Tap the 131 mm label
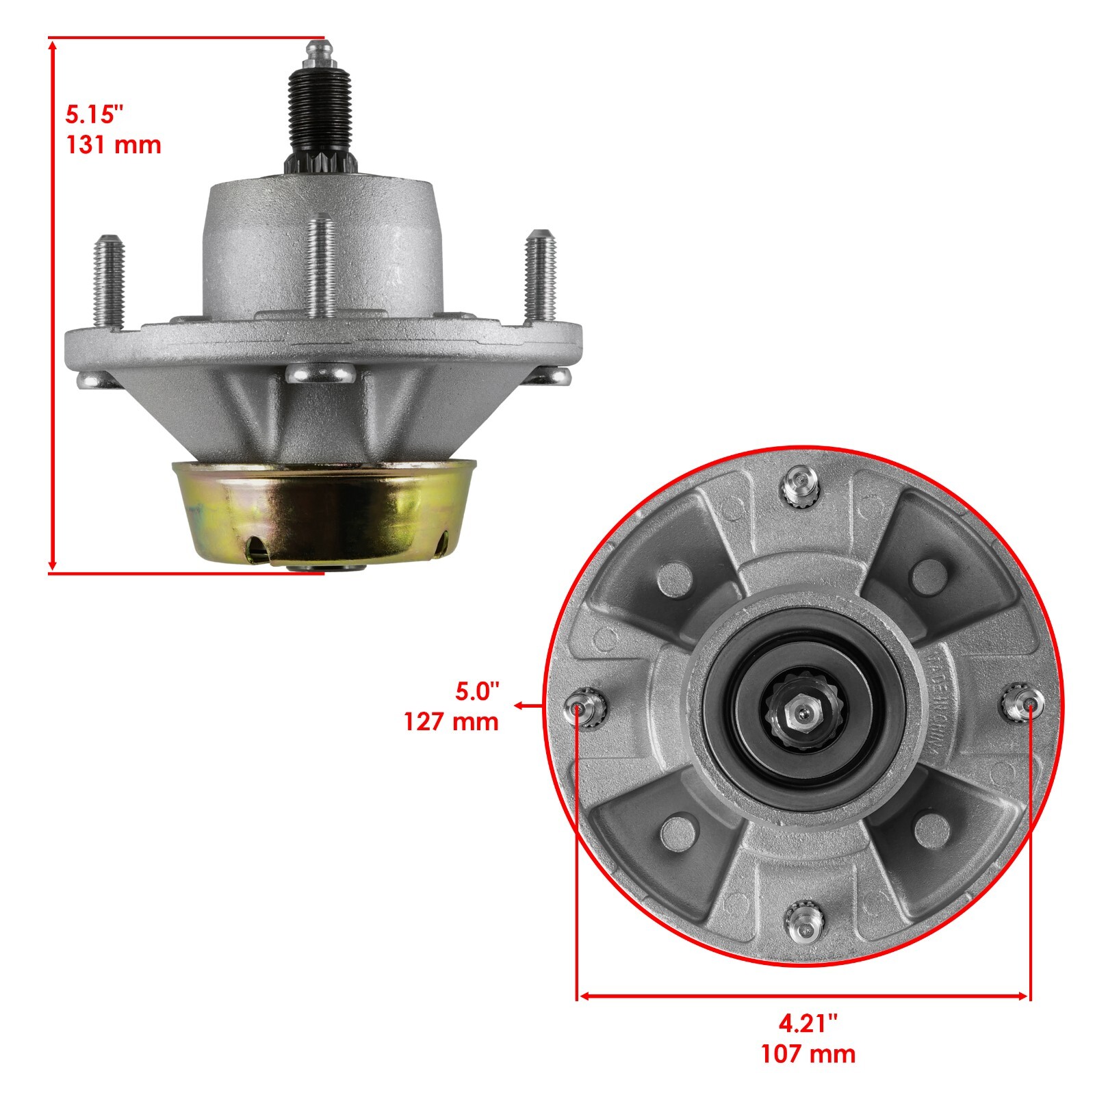click(113, 145)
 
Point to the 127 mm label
click(451, 721)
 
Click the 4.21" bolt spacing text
click(808, 1024)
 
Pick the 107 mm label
click(808, 1054)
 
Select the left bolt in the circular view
click(582, 708)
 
